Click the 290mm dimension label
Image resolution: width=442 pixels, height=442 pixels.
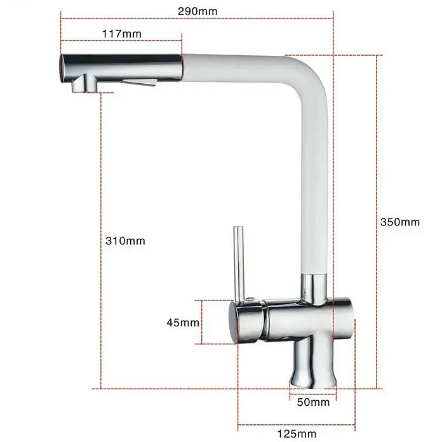[198, 11]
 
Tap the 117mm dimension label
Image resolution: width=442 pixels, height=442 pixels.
[121, 34]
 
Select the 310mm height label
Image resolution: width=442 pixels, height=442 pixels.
[126, 241]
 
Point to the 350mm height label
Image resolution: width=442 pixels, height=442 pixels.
[400, 222]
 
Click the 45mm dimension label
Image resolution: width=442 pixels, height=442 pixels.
[183, 323]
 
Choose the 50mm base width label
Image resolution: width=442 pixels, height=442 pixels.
[313, 402]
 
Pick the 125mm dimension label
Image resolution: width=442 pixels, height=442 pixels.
[297, 434]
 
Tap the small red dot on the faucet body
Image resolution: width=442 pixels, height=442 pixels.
[250, 299]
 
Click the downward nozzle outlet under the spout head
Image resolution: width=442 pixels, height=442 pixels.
[84, 84]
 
